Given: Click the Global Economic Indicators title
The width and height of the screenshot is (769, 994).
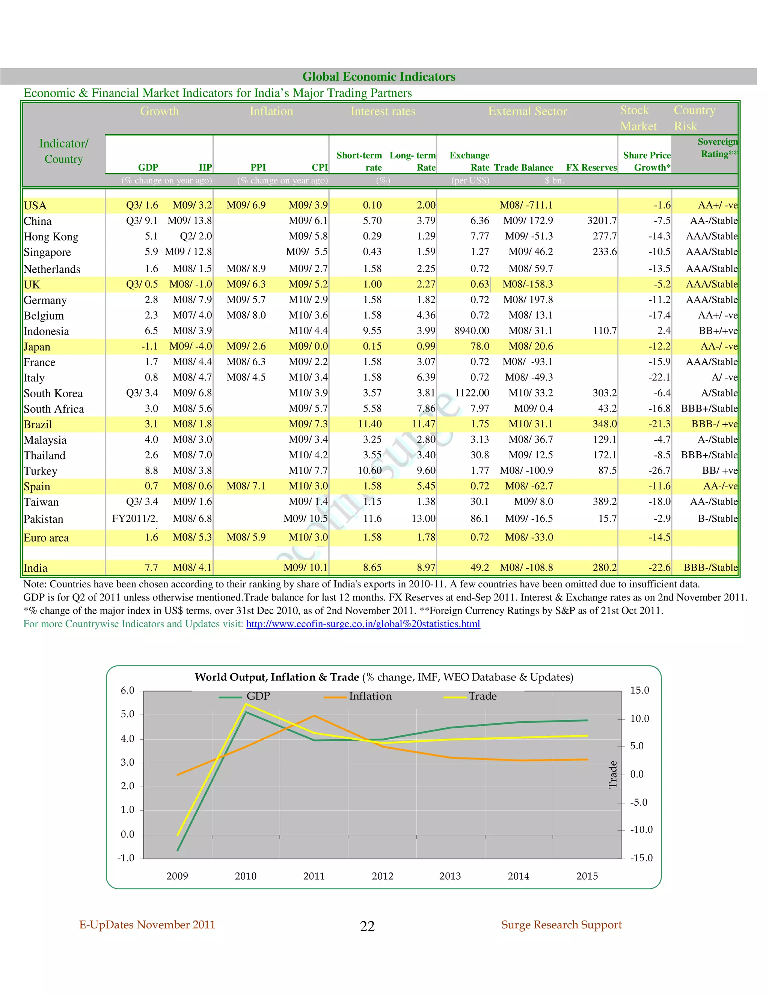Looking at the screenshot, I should (x=378, y=77).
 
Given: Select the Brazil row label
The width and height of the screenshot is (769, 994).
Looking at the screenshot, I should (x=38, y=424).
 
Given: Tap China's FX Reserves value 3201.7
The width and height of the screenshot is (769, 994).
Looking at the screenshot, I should (x=602, y=221).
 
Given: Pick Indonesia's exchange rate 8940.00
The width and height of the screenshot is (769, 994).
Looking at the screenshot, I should (x=472, y=331).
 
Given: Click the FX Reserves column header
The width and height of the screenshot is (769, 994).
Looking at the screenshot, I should (x=591, y=168).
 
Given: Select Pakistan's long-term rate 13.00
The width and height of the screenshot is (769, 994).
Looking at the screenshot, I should (x=423, y=518).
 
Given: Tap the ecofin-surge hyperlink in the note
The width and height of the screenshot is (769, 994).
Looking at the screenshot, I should (x=363, y=624).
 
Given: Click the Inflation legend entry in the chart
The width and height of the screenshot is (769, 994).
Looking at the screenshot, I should (x=370, y=696).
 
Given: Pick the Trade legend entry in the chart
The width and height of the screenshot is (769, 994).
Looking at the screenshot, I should (x=483, y=696).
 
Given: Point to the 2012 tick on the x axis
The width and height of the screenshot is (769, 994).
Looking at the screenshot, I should (x=382, y=876).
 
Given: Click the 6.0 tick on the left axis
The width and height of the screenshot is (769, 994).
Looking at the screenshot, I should (x=127, y=691).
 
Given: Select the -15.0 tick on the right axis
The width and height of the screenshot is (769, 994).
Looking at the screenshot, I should (x=641, y=858).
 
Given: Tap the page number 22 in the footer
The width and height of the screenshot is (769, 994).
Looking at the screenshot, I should (x=367, y=926).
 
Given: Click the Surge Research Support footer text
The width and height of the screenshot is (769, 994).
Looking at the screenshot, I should (x=561, y=925).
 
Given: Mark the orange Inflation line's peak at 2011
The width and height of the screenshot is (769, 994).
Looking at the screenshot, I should (x=314, y=716).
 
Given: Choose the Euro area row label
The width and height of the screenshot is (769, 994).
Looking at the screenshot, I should (x=46, y=538).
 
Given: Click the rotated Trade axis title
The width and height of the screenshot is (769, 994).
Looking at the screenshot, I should (x=613, y=775).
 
